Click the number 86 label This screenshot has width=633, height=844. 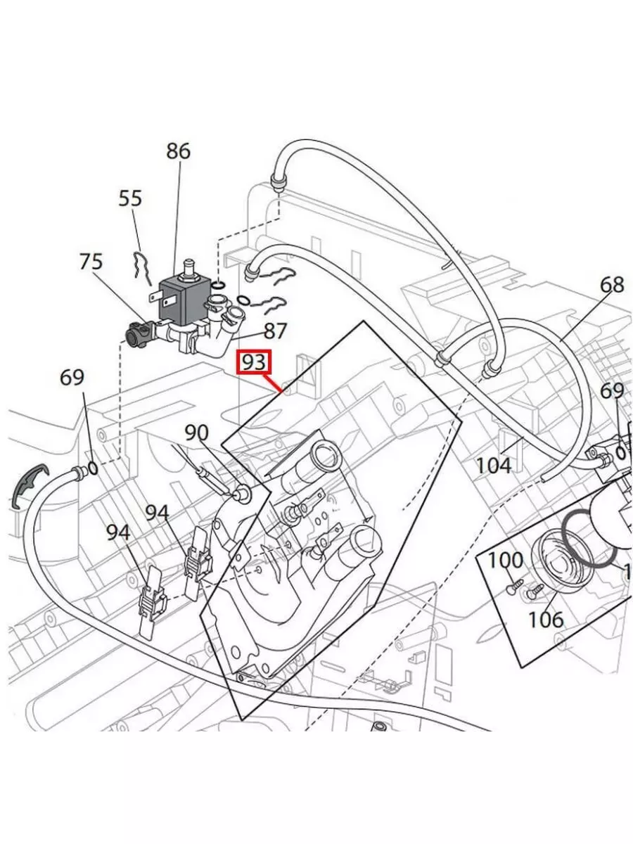pos(178,151)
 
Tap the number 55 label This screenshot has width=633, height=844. pos(130,198)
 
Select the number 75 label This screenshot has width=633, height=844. pos(91,262)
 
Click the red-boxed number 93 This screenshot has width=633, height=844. pos(254,363)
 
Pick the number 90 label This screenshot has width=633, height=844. pos(197,433)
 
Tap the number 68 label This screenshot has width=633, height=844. pos(612,285)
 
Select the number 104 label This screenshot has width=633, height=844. pos(493,465)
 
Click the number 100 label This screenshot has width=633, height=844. pos(505,561)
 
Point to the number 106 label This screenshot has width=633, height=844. pos(546,619)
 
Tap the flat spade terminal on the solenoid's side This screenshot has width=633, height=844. pos(155,296)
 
